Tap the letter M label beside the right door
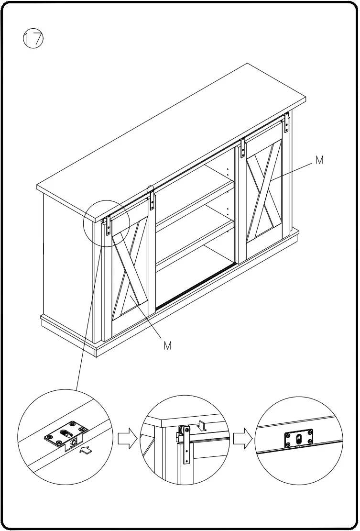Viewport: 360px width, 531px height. click(320, 161)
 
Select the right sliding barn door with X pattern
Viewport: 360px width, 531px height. click(264, 191)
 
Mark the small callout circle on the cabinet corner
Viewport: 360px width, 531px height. click(106, 223)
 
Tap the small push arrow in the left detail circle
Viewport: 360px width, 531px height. click(87, 450)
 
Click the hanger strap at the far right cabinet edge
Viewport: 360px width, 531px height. click(287, 123)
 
